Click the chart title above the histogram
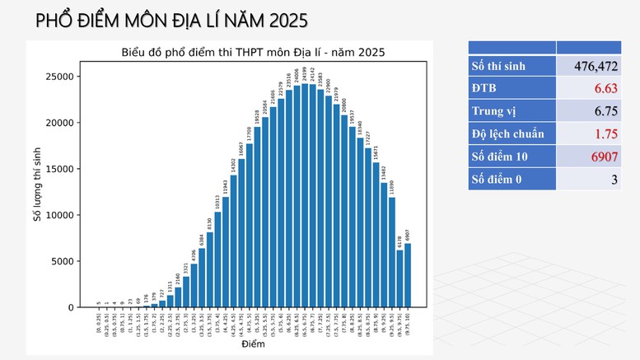coord(253,53)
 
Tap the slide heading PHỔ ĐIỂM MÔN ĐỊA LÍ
coord(160,20)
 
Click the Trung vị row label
coord(512,110)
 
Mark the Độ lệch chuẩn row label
coord(512,133)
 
